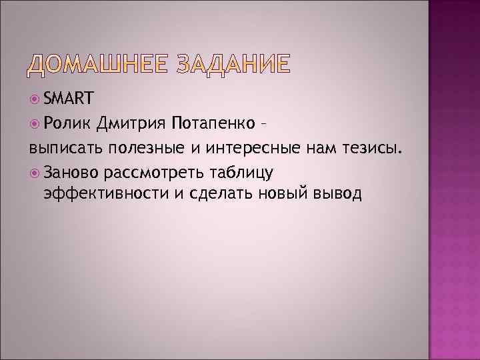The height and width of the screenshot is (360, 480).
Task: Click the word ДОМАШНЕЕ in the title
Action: (97, 63)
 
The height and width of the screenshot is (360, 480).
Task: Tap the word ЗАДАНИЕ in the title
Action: (233, 63)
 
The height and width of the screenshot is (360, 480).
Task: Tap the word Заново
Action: (72, 173)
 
